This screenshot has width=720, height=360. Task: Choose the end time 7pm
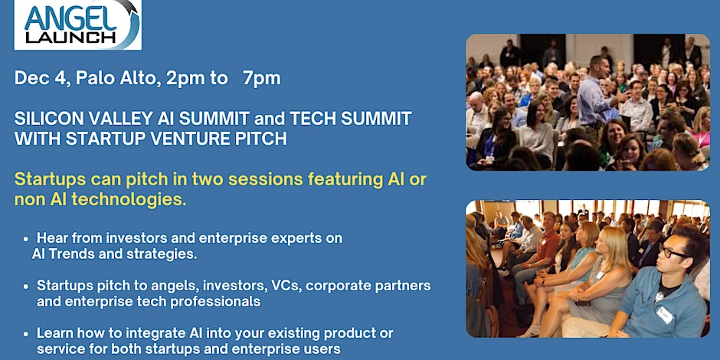[x=261, y=78]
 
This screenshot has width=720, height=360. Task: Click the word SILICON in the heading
[x=47, y=119]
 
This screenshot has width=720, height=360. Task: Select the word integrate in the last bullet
[x=152, y=334]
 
